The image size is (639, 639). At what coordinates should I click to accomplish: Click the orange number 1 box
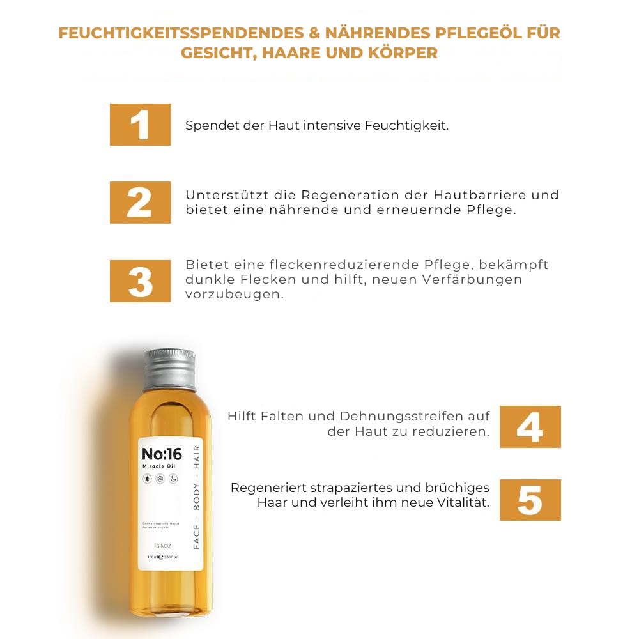click(140, 125)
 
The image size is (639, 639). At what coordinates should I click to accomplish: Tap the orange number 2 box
click(140, 203)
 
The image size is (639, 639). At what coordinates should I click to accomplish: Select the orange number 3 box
click(140, 281)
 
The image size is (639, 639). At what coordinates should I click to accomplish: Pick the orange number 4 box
click(530, 427)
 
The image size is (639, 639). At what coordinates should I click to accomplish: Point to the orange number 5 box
click(530, 500)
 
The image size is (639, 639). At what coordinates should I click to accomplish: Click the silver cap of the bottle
click(169, 369)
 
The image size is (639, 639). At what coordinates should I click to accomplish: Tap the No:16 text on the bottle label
click(162, 454)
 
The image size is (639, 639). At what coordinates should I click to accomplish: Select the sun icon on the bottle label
click(147, 479)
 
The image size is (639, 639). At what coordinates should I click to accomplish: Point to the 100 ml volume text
click(153, 557)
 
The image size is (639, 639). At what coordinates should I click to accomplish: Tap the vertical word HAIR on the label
click(196, 456)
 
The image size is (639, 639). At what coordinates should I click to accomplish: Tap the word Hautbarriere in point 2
click(481, 195)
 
